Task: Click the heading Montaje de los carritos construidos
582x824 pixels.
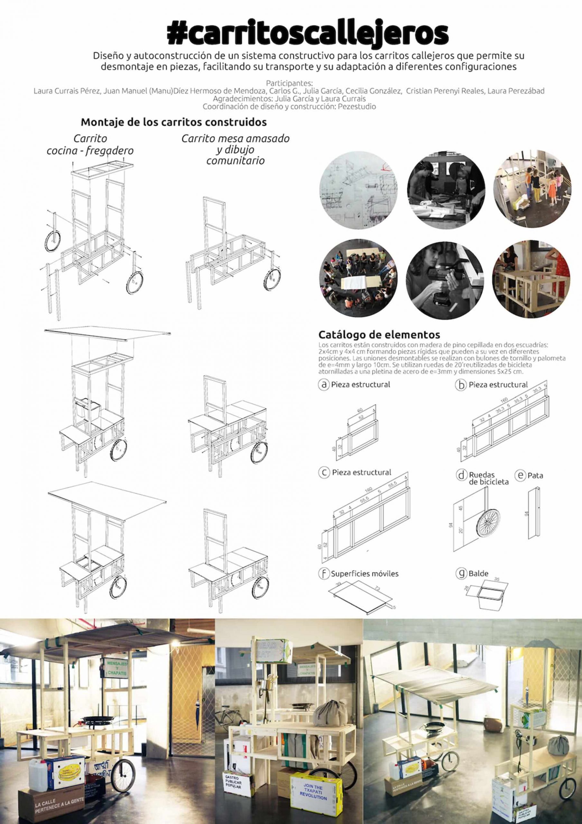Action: (174, 122)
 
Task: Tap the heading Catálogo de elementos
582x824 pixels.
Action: (379, 335)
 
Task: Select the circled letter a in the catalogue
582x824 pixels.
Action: (324, 385)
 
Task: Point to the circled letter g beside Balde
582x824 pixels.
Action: (461, 573)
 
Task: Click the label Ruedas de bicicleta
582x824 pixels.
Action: (488, 478)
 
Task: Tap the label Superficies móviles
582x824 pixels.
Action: (365, 574)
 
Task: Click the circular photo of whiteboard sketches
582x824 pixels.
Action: (358, 194)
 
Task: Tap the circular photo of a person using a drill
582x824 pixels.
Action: (445, 279)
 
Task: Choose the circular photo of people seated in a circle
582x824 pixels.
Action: (358, 279)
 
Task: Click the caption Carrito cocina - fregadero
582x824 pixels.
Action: (90, 145)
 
